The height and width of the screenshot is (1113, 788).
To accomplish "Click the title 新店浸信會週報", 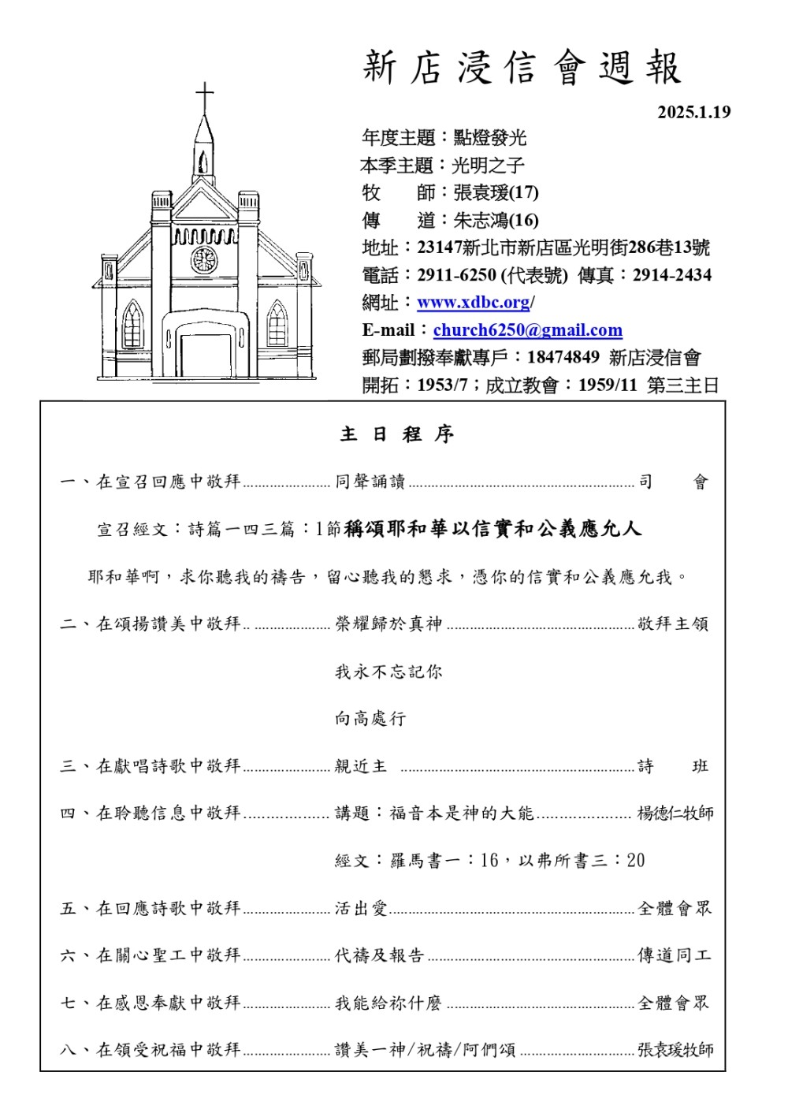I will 522,69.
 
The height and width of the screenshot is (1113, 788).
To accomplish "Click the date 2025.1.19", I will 693,112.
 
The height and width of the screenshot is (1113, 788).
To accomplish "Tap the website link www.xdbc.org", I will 473,303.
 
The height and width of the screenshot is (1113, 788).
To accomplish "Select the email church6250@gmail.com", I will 527,330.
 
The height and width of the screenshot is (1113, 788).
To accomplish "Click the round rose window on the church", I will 203,259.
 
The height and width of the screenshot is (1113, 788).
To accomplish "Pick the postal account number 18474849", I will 563,358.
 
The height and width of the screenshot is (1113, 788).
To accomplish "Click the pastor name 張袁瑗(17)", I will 496,193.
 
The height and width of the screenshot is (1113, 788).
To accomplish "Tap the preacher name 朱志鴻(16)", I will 496,221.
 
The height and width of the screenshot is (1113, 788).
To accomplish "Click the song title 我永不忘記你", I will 388,672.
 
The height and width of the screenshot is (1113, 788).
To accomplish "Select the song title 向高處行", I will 370,719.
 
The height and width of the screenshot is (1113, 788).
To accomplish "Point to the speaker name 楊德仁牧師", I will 675,813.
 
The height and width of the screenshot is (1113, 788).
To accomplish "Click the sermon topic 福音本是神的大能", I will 462,813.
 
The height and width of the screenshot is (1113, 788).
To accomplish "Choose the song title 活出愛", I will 362,909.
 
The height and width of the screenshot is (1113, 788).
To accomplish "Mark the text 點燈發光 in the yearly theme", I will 489,139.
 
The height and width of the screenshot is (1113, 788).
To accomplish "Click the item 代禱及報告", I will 380,956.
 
